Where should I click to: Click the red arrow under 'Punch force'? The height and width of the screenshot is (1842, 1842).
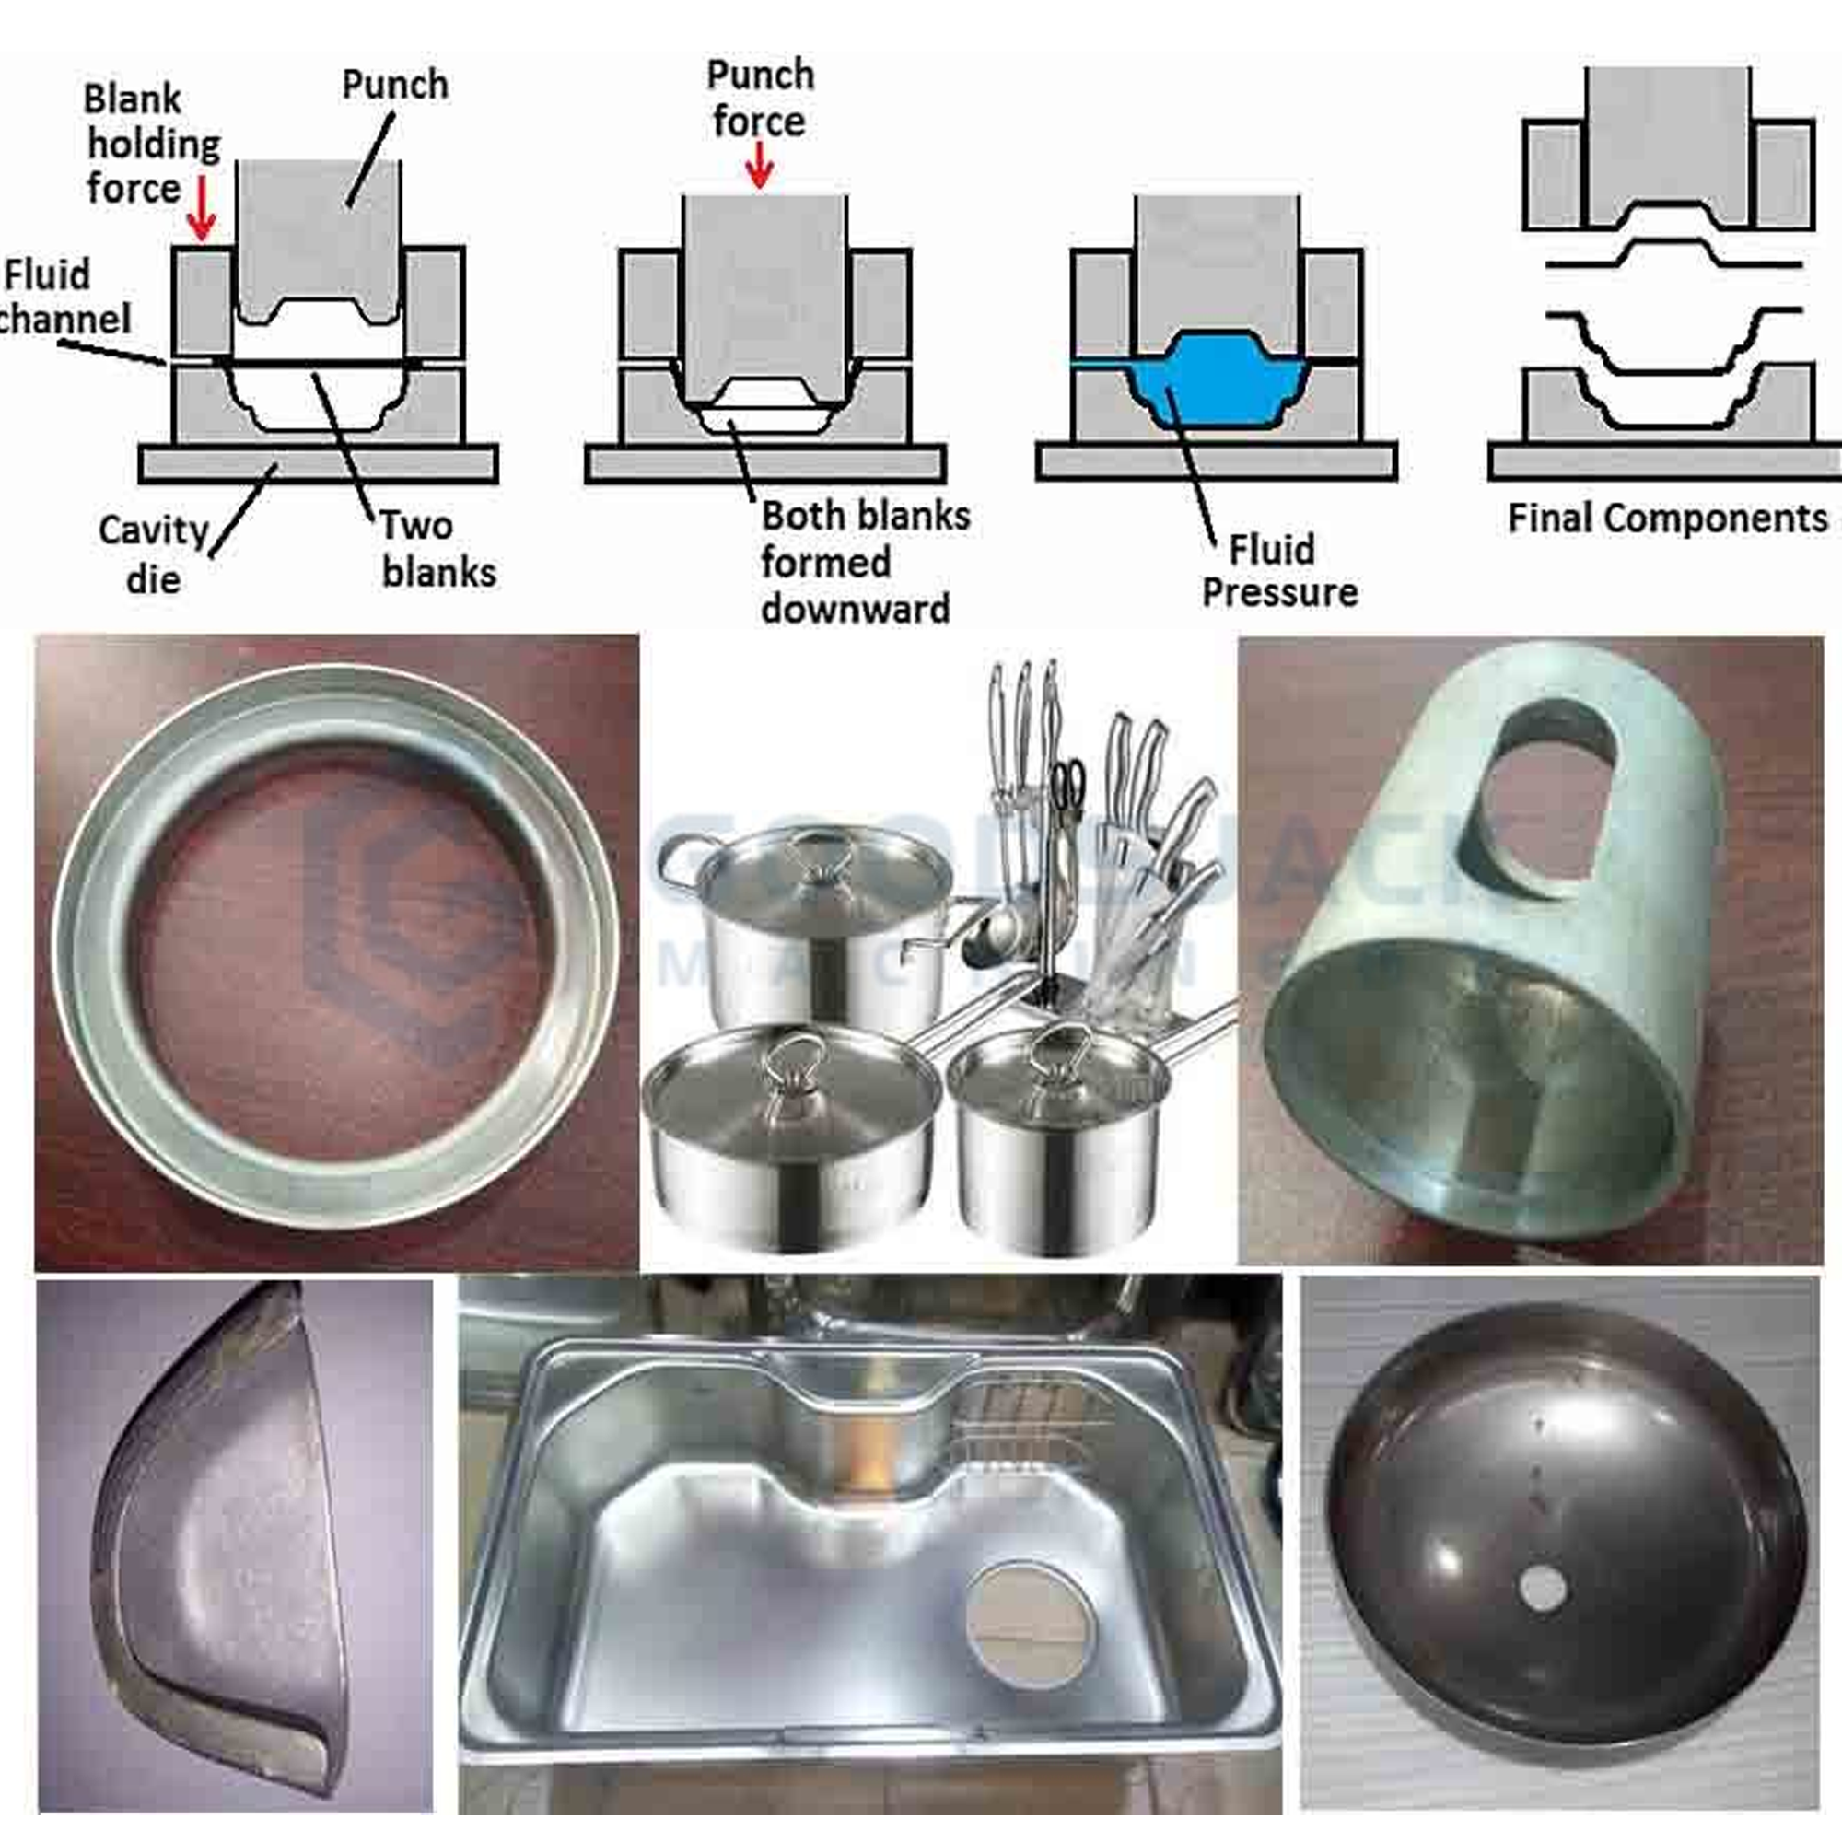tap(759, 165)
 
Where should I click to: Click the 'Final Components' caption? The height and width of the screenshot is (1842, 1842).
tap(1667, 519)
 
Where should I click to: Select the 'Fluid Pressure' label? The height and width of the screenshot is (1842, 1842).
tap(1278, 571)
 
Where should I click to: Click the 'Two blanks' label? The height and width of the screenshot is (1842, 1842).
tap(437, 549)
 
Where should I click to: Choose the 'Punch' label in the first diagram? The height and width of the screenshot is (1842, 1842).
tap(395, 85)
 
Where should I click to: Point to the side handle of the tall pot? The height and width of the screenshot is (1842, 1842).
tap(682, 863)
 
